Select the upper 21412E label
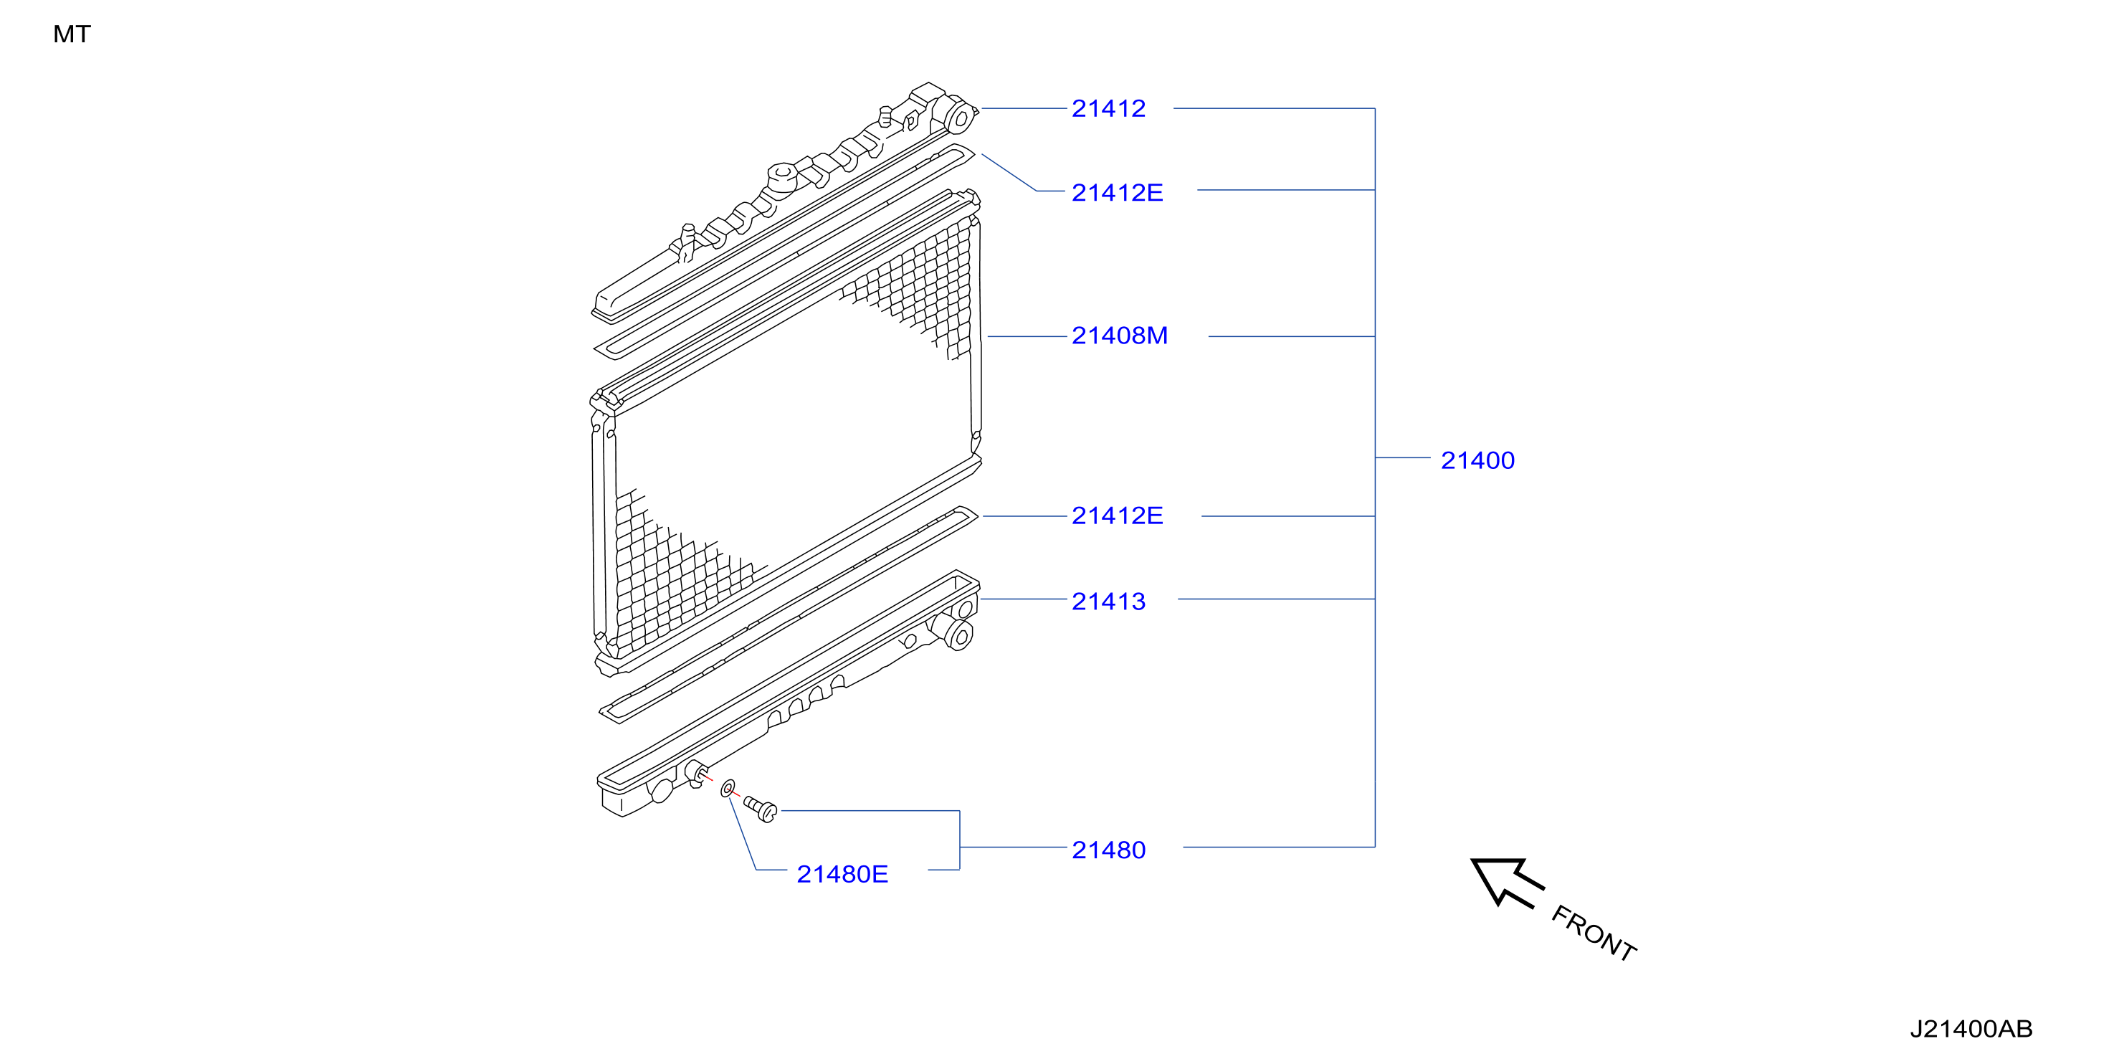pyautogui.click(x=1117, y=192)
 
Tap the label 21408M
pyautogui.click(x=1120, y=336)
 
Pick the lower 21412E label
pyautogui.click(x=1117, y=516)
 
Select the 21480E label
pyautogui.click(x=842, y=873)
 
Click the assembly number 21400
pyautogui.click(x=1477, y=460)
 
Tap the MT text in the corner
pyautogui.click(x=72, y=34)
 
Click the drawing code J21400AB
pyautogui.click(x=1971, y=1029)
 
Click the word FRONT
pyautogui.click(x=1594, y=933)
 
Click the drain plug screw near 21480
pyautogui.click(x=761, y=809)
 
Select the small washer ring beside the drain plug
pyautogui.click(x=727, y=789)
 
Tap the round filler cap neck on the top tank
pyautogui.click(x=782, y=177)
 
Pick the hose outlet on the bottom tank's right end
pyautogui.click(x=958, y=635)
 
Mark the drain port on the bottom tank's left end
pyautogui.click(x=695, y=774)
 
